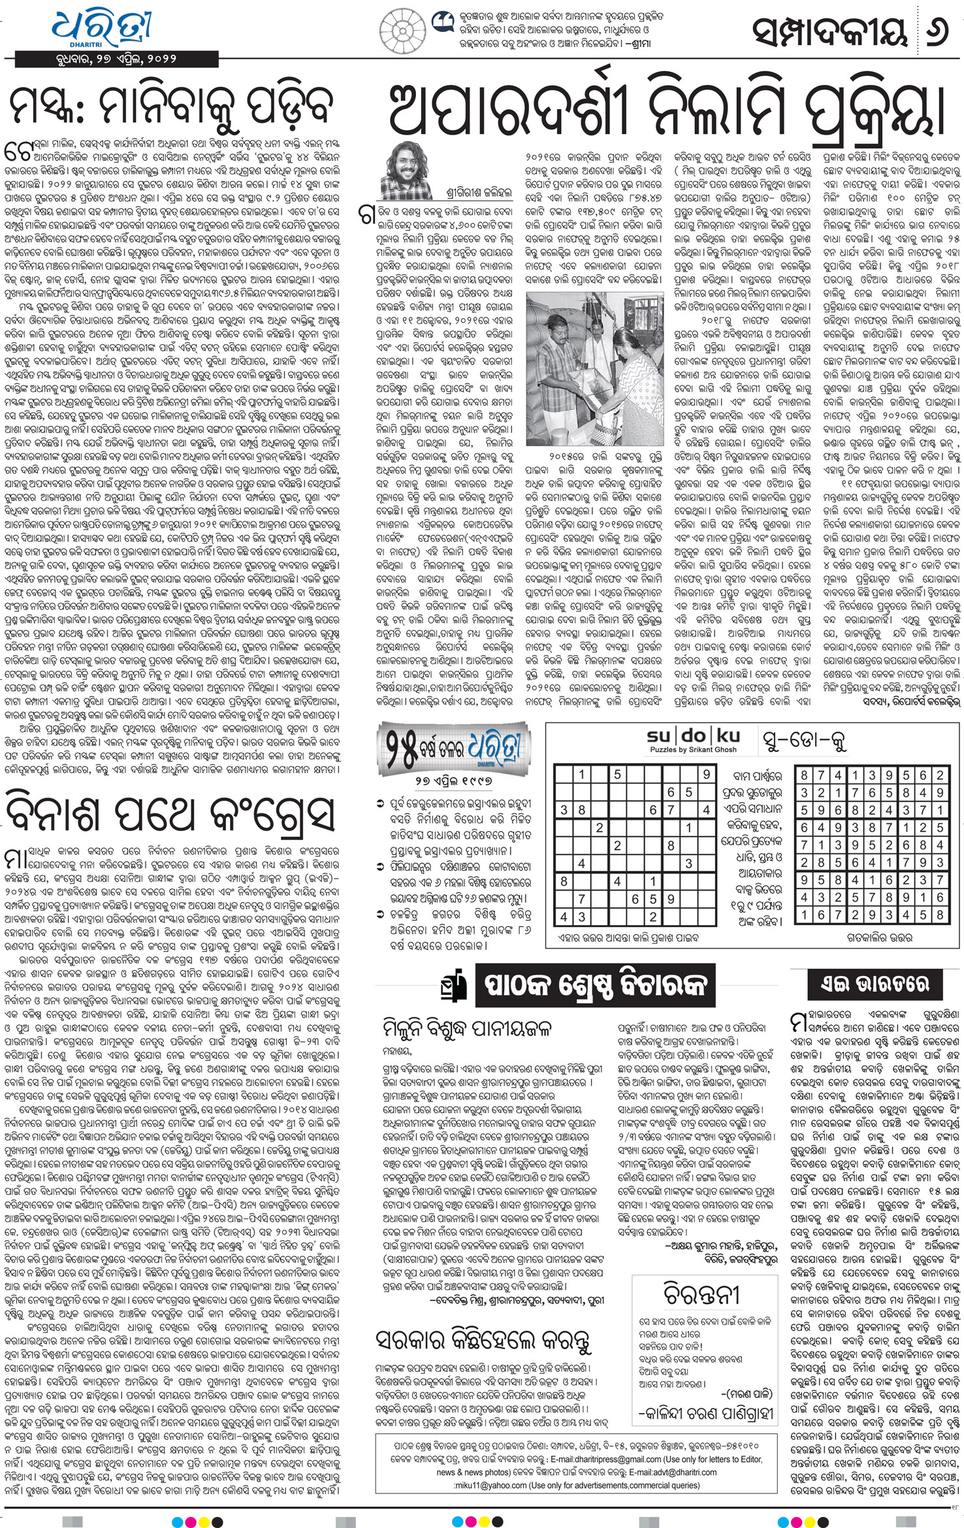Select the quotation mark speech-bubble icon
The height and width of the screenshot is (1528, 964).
(442, 23)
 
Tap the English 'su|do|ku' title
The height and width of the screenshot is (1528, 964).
(694, 736)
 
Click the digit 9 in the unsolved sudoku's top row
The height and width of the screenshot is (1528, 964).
(706, 775)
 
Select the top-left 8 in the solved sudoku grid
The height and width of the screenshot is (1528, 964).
(804, 775)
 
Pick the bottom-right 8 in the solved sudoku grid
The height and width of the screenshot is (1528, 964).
(940, 915)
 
